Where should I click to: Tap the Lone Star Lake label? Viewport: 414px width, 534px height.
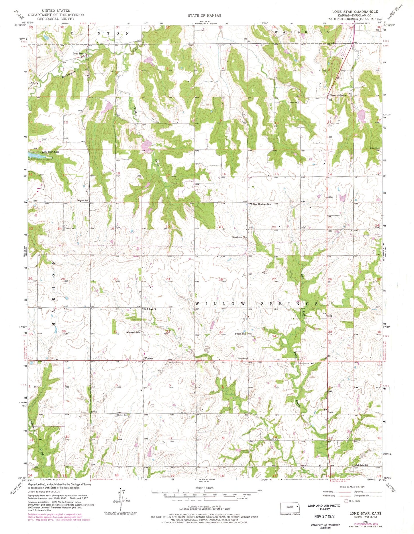tap(51, 152)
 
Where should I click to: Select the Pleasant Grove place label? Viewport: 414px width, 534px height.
tap(338, 95)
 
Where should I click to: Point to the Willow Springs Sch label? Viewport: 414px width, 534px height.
tap(260, 204)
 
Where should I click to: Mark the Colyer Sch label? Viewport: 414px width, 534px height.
tap(82, 201)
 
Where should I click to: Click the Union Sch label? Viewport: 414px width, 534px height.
tap(240, 334)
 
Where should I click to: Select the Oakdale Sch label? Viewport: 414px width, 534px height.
tap(362, 465)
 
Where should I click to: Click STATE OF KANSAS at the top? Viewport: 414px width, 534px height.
tap(204, 15)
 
